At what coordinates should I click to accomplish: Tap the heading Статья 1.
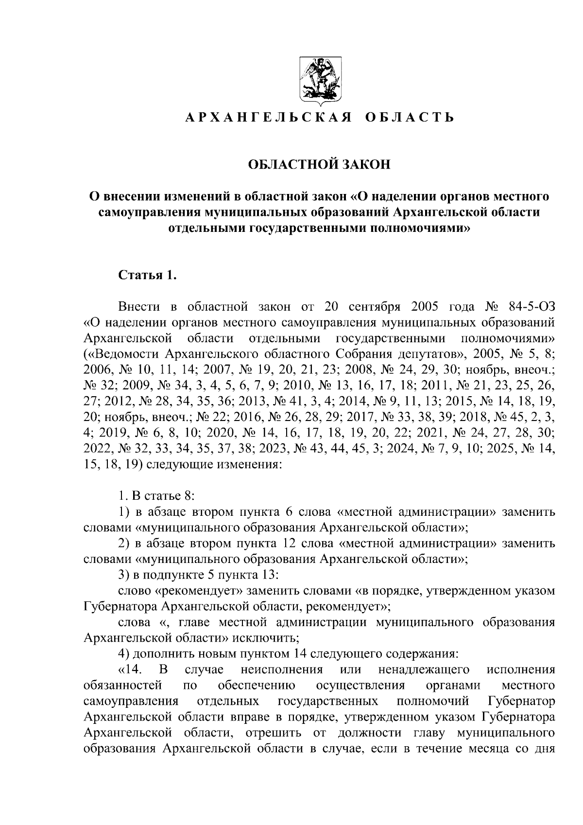coord(147,275)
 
